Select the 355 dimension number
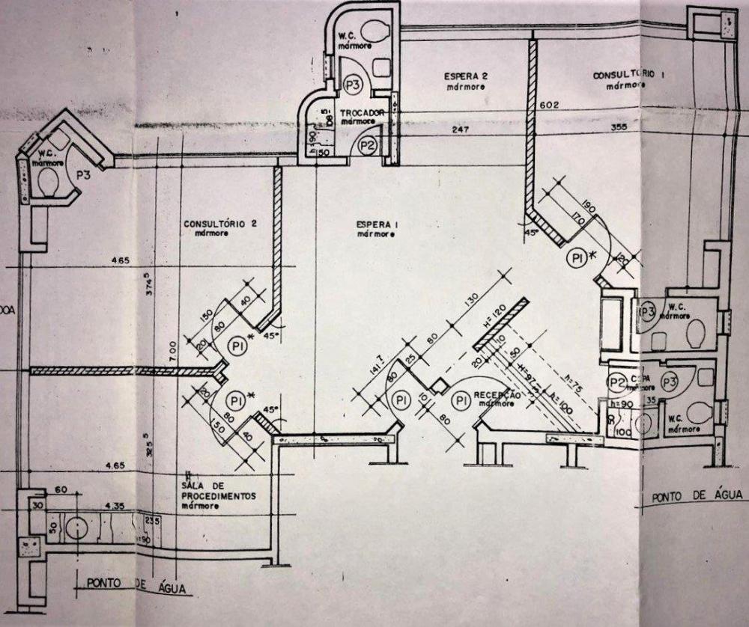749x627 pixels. coord(639,127)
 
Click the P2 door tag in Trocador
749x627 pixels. coord(367,146)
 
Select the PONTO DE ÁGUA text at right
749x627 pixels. coord(697,496)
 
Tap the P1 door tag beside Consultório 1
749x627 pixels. coord(577,258)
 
